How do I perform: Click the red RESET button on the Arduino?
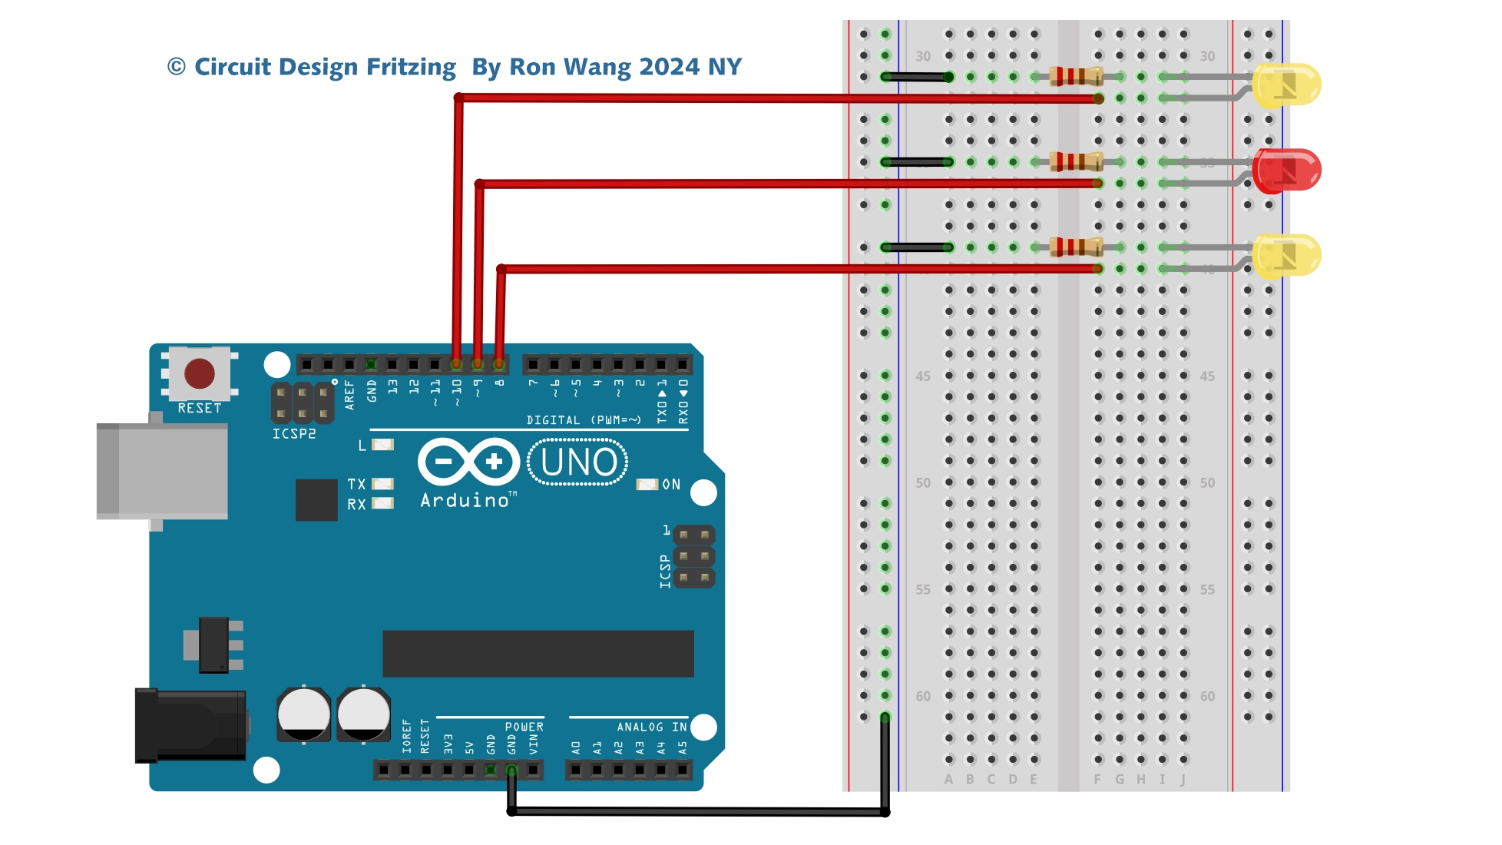pyautogui.click(x=200, y=374)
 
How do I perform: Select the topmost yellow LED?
pyautogui.click(x=1286, y=84)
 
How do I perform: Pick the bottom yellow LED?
pyautogui.click(x=1286, y=255)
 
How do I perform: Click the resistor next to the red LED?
pyautogui.click(x=1076, y=161)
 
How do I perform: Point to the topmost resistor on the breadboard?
pyautogui.click(x=1076, y=76)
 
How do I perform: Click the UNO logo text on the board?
pyautogui.click(x=578, y=462)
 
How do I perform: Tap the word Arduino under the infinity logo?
pyautogui.click(x=465, y=501)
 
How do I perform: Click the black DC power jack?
pyautogui.click(x=192, y=725)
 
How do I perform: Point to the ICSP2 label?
pyautogui.click(x=294, y=434)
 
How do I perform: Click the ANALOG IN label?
pyautogui.click(x=651, y=727)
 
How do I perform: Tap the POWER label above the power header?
pyautogui.click(x=524, y=727)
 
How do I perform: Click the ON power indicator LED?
pyautogui.click(x=647, y=485)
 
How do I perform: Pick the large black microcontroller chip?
pyautogui.click(x=538, y=654)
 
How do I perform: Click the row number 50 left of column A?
pyautogui.click(x=923, y=483)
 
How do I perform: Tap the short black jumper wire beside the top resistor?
pyautogui.click(x=917, y=77)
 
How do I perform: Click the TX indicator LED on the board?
pyautogui.click(x=382, y=484)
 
